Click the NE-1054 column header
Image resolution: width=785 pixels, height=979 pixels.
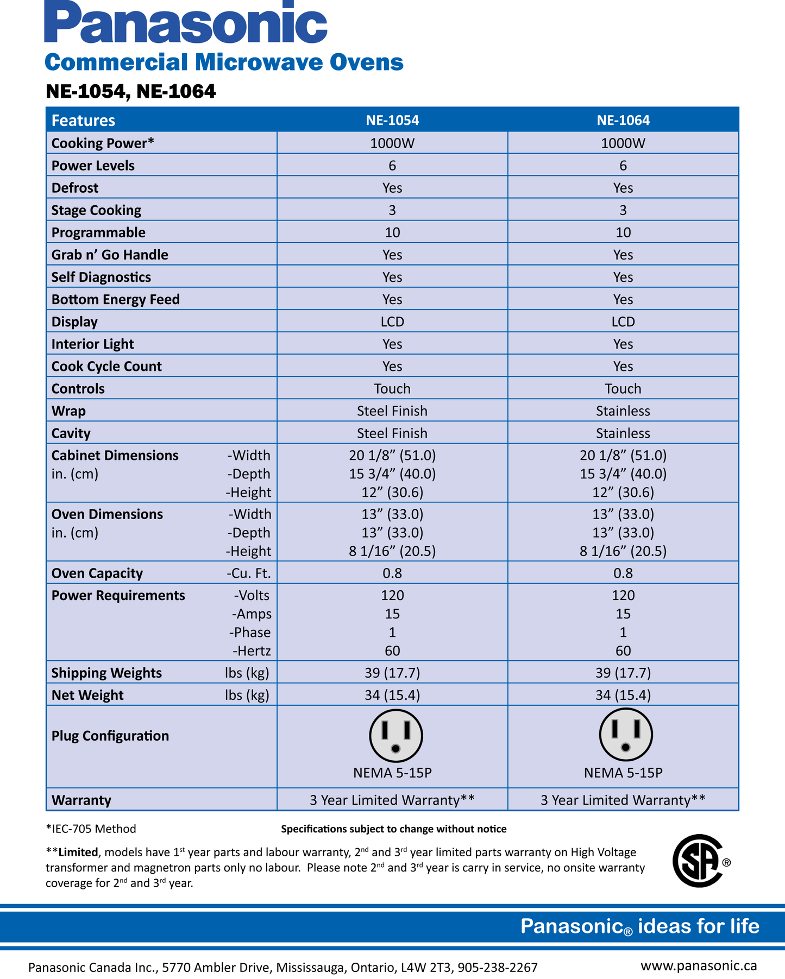(392, 120)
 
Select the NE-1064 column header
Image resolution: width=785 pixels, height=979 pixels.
(623, 120)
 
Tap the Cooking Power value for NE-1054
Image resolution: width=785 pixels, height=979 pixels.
(392, 143)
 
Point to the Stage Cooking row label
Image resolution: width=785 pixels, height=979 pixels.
(96, 210)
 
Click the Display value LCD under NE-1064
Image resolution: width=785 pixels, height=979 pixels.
(623, 322)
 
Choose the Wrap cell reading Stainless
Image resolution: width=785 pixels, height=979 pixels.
(623, 411)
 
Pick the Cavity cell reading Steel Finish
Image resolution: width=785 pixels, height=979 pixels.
(392, 433)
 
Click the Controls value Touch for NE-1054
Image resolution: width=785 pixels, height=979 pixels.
(392, 389)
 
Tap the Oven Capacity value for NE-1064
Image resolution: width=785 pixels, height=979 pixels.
(623, 573)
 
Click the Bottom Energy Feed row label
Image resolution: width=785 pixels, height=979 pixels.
(116, 300)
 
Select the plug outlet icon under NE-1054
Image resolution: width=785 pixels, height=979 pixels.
(395, 736)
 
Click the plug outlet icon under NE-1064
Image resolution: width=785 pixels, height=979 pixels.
(626, 735)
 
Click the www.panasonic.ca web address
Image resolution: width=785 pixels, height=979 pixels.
(699, 965)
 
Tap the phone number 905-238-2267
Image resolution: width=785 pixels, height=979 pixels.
(498, 968)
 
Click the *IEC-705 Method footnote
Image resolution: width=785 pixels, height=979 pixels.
(91, 829)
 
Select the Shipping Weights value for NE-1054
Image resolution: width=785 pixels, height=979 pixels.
(392, 673)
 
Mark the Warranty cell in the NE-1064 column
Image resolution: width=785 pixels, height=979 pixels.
(623, 800)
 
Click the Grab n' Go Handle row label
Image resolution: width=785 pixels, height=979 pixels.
(110, 255)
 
